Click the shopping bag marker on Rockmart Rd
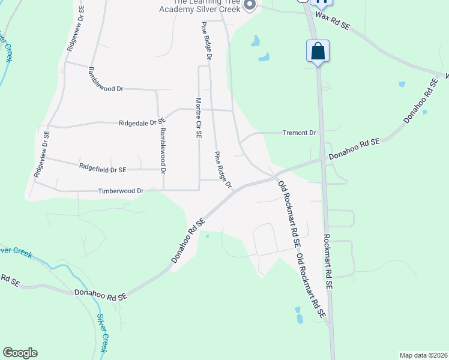point(318,52)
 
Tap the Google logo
point(20,353)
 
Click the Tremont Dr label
point(299,133)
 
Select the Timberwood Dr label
point(121,191)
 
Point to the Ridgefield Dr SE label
point(103,170)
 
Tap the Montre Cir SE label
point(197,118)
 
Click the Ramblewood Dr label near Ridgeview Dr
point(106,80)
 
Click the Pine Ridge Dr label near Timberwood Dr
point(223,169)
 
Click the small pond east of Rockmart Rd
point(402,85)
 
